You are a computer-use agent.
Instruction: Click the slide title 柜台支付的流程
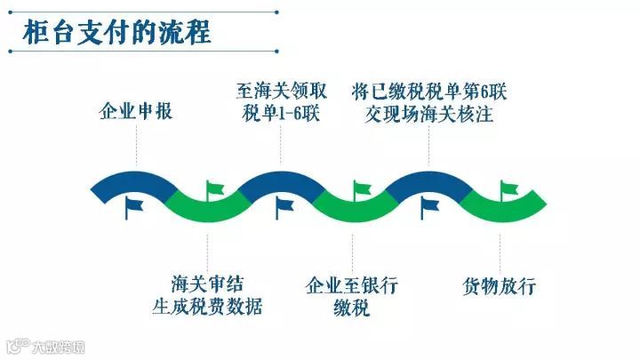(116, 31)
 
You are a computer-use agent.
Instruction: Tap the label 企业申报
(135, 113)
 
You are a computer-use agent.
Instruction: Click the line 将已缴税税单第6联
(428, 92)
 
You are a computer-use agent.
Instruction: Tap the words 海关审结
(207, 284)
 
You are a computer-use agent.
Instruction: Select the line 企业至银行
(352, 286)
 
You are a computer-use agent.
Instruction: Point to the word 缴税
(352, 308)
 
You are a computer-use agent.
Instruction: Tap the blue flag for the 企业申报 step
(133, 207)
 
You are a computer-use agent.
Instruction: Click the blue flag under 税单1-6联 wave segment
(284, 207)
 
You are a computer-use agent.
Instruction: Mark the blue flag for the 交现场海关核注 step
(429, 207)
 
